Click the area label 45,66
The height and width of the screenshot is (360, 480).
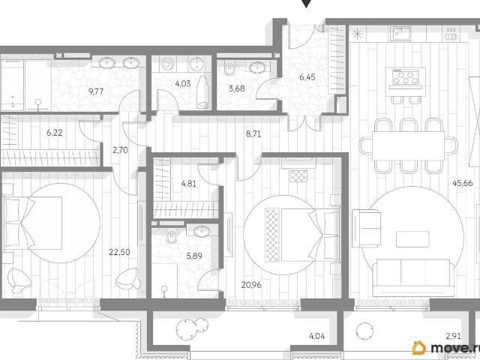pos(462,183)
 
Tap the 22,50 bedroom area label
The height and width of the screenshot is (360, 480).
pos(119,252)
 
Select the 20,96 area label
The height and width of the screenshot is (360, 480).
pos(251,285)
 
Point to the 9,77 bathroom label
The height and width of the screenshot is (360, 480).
pos(96,91)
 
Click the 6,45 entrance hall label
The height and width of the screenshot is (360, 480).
pos(307,77)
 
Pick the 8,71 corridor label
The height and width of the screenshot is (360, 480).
pos(253,133)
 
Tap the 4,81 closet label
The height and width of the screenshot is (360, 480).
pos(188,184)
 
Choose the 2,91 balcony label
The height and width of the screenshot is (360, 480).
pos(453,336)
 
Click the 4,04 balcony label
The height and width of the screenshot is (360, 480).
pos(316,336)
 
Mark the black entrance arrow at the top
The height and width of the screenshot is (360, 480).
pos(307,3)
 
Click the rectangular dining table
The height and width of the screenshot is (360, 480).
pos(408,146)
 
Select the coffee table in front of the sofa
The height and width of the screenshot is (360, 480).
pos(412,239)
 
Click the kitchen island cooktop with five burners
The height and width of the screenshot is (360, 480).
pos(406,76)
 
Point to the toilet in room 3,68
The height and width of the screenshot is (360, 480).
pos(229,68)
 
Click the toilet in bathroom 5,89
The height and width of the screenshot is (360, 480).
pos(172,237)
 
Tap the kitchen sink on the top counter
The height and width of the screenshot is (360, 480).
pos(401,33)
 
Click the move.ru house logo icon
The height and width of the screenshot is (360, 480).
pos(419,347)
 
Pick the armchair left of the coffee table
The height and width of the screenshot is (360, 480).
pos(366,228)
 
